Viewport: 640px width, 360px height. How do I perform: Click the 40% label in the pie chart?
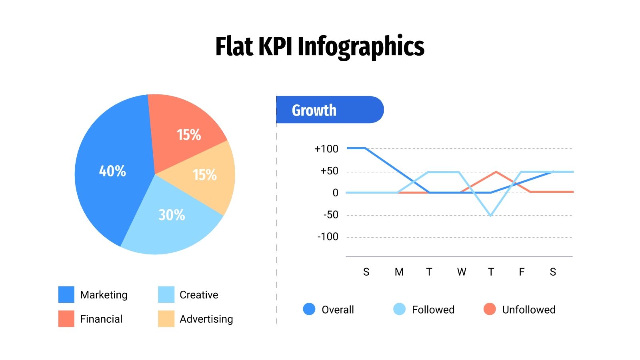point(112,171)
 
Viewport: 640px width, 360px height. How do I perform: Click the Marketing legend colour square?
point(66,294)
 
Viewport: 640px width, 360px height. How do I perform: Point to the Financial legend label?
point(101,319)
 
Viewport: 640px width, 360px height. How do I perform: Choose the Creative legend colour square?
point(166,294)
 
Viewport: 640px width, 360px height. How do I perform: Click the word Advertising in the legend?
point(206,319)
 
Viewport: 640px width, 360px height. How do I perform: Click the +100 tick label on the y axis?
point(326,149)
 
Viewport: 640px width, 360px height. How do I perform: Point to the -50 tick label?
point(331,215)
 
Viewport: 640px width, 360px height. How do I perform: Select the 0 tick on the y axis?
point(335,193)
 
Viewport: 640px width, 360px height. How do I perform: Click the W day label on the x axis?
point(462,272)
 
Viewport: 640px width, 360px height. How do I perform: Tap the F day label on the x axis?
point(522,272)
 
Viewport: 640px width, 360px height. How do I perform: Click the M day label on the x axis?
point(399,272)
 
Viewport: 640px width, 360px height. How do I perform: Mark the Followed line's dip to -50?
point(491,215)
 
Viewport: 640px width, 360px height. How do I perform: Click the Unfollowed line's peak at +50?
point(496,172)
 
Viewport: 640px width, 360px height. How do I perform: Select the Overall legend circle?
point(309,309)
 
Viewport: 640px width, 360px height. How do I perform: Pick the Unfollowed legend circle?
point(490,309)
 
